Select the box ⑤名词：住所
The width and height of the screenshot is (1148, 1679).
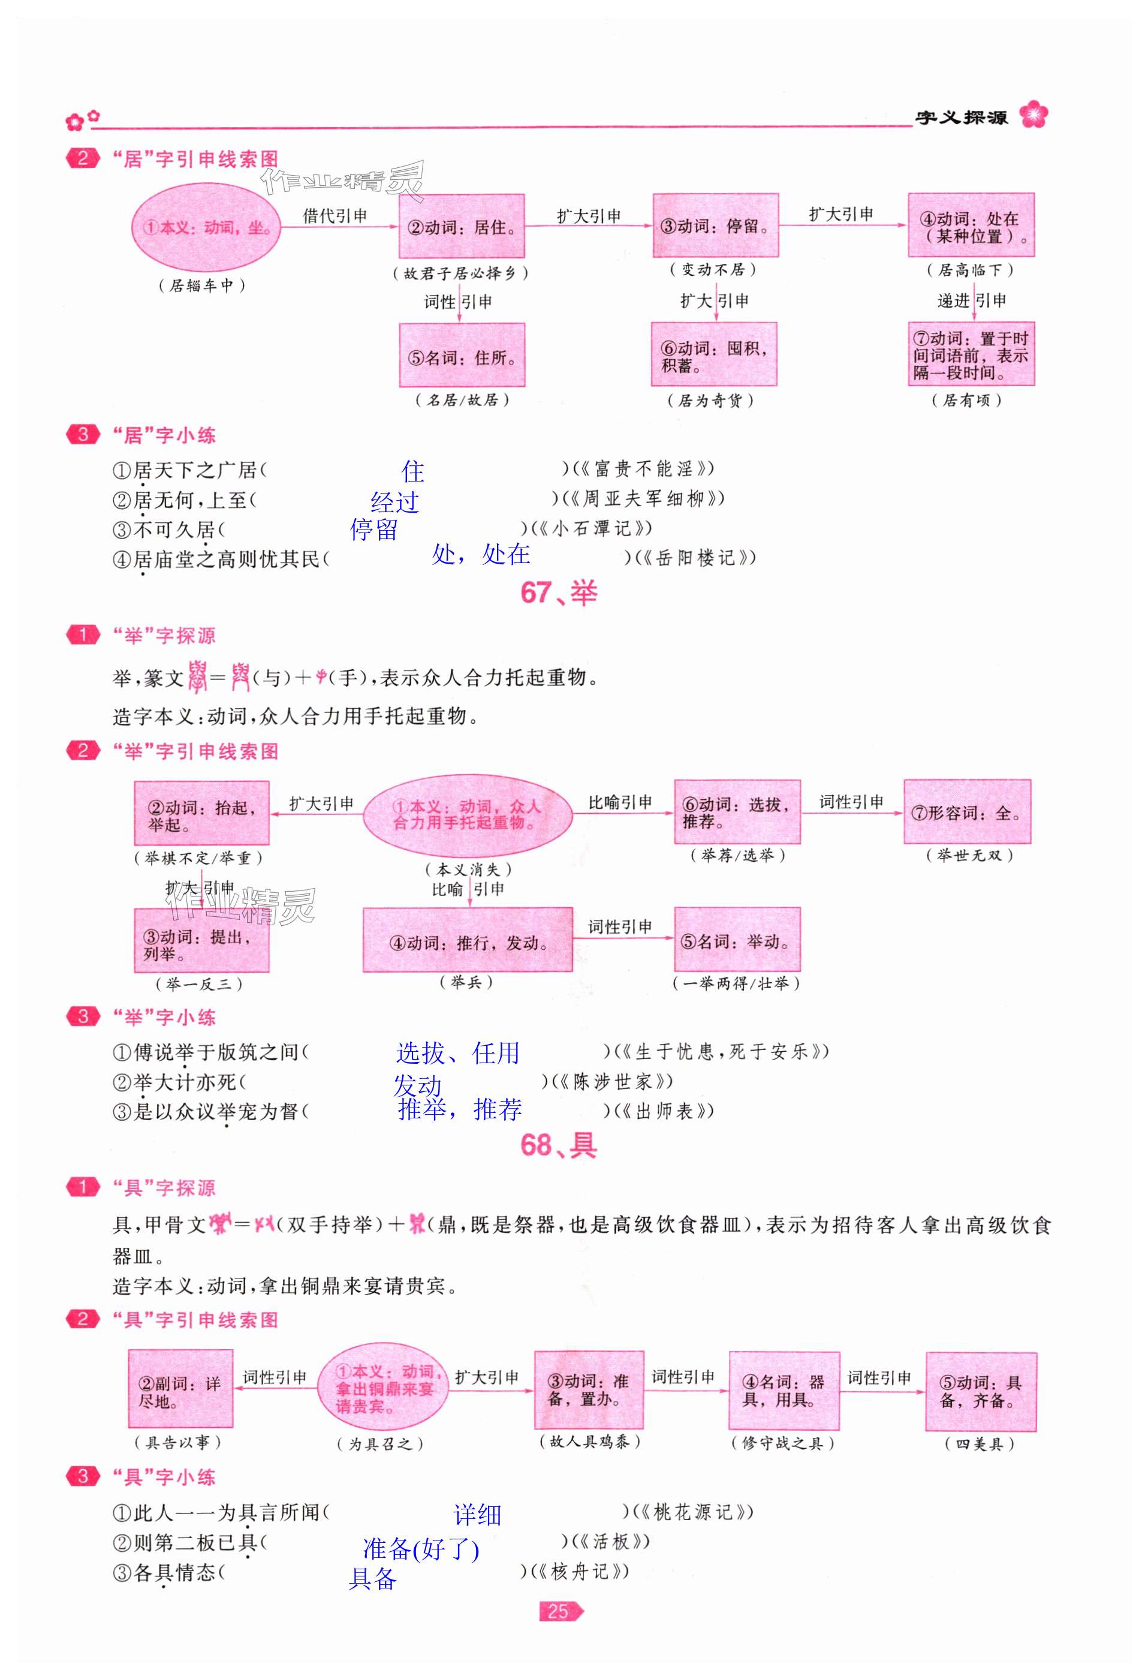[462, 356]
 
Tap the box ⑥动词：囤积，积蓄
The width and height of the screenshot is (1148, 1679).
[714, 355]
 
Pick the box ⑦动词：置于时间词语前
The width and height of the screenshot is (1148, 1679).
[971, 355]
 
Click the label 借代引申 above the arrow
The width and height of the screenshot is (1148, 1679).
[335, 215]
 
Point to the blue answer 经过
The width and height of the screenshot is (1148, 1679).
[394, 502]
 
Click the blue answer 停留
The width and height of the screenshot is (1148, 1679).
[373, 529]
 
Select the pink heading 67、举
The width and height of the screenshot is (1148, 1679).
[559, 593]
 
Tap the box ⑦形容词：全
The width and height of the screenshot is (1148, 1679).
[967, 812]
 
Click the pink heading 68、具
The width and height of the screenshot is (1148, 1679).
[559, 1145]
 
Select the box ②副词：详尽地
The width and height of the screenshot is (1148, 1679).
[180, 1391]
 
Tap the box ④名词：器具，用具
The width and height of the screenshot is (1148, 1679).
[784, 1391]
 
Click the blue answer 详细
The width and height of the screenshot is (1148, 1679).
[477, 1514]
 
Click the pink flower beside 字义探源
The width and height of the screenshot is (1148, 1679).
[1033, 116]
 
